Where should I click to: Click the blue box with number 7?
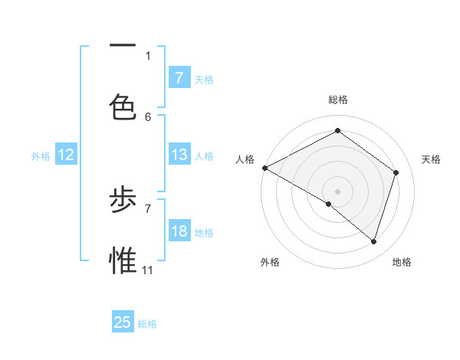tap(179, 77)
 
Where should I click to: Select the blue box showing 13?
tap(179, 155)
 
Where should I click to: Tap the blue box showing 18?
tap(179, 231)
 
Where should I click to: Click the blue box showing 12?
tap(66, 155)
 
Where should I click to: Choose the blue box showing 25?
tap(123, 322)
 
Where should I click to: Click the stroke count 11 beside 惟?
tap(148, 270)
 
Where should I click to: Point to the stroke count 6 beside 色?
tap(148, 116)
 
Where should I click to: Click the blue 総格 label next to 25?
tap(147, 324)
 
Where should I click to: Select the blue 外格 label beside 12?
tap(41, 156)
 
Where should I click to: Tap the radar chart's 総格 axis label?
tap(337, 100)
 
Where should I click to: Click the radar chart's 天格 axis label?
tap(431, 159)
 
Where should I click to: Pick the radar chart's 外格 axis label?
tap(270, 262)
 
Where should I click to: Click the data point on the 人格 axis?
tap(264, 168)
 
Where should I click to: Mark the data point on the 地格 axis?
tap(373, 241)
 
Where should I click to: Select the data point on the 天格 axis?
tap(396, 172)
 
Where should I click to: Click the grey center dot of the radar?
tap(337, 191)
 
